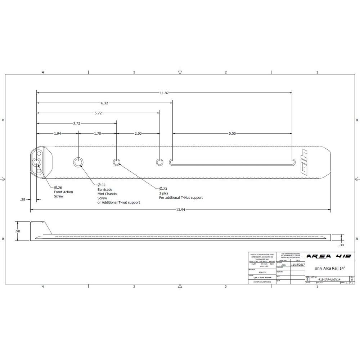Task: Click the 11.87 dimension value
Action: tap(164, 93)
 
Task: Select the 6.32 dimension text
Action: tap(104, 103)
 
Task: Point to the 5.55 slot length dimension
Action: tap(232, 133)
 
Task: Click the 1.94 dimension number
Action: tap(57, 133)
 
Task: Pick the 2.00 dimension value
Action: tap(138, 133)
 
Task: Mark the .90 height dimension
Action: tap(18, 231)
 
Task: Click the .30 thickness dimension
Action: tap(341, 245)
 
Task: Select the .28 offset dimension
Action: tap(23, 199)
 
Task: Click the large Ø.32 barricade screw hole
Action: tap(78, 162)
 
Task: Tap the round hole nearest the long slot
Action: tap(159, 162)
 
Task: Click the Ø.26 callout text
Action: tap(58, 188)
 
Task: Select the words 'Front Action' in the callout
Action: tap(63, 192)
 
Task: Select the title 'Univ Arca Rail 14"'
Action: tap(330, 268)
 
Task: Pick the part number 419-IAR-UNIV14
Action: tap(330, 279)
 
